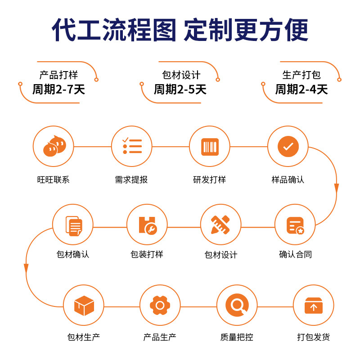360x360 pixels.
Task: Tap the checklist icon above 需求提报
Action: (x=132, y=147)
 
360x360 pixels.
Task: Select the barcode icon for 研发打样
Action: (x=210, y=147)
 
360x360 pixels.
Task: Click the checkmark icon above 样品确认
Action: (x=288, y=147)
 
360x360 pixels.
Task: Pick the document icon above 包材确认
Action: (x=73, y=225)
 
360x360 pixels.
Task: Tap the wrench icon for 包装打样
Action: (x=147, y=225)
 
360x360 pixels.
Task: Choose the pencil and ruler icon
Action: (x=220, y=225)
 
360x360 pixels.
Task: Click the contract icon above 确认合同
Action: (x=295, y=225)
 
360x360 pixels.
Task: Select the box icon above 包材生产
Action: (x=84, y=306)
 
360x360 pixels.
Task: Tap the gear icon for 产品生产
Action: (x=160, y=306)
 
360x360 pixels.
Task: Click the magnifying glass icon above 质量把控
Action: (x=237, y=306)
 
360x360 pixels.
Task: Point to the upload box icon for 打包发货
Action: (x=314, y=306)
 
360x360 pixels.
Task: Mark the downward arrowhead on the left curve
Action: (x=26, y=268)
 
